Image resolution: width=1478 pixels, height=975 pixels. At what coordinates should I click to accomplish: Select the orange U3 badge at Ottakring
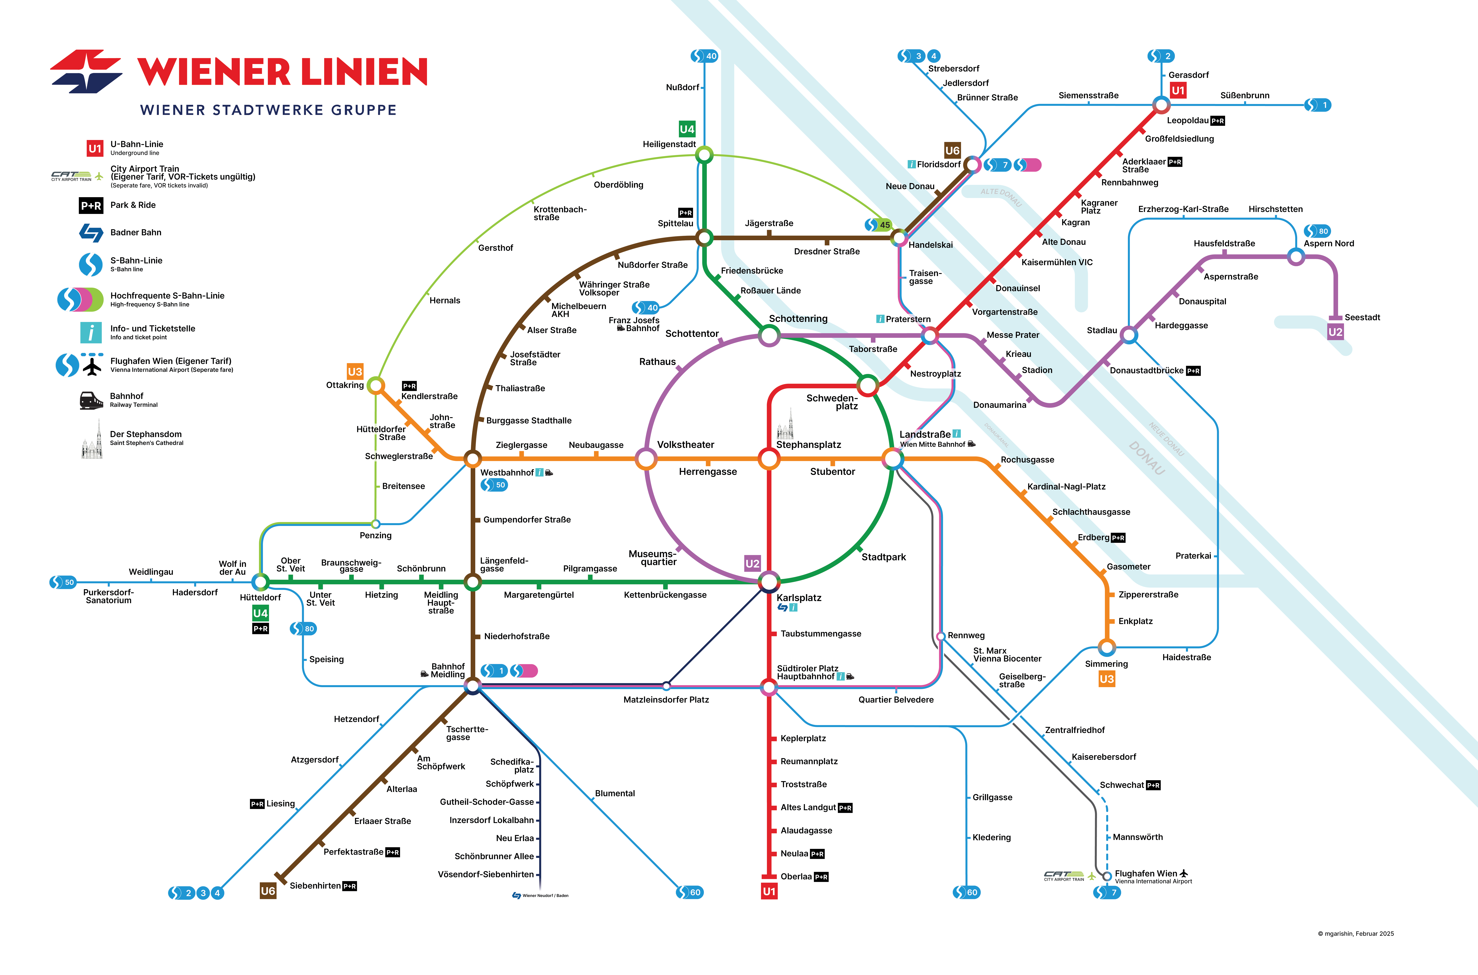coord(355,372)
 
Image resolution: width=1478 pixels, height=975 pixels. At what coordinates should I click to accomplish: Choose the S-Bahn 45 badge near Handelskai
coord(879,224)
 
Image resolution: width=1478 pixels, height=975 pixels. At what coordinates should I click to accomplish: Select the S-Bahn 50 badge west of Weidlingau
coord(63,582)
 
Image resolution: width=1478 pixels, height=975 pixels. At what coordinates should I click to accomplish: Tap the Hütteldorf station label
coord(260,598)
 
